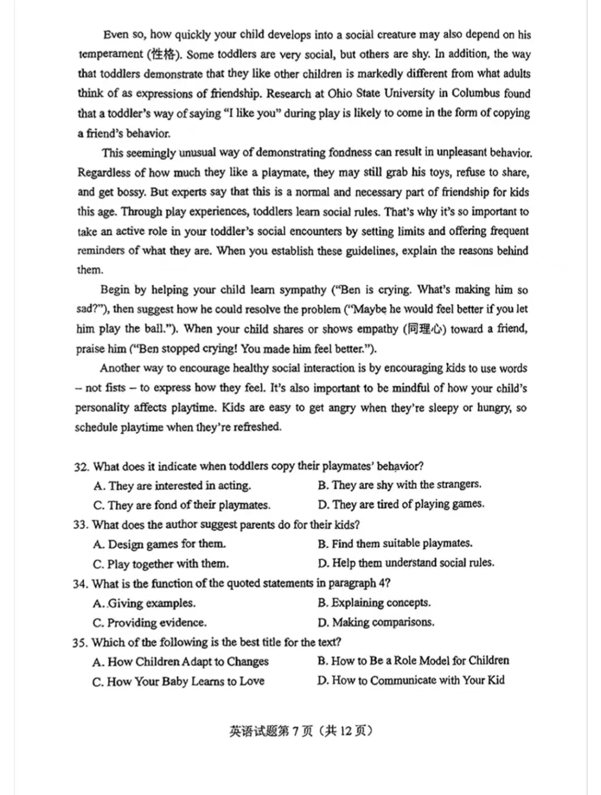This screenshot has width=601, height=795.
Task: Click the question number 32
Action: [x=81, y=466]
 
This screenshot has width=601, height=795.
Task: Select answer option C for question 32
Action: [x=182, y=505]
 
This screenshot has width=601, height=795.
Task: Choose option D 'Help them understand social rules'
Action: [x=406, y=563]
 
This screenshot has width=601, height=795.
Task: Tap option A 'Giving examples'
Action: [x=144, y=603]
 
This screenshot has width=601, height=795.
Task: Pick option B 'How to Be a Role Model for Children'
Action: [x=413, y=660]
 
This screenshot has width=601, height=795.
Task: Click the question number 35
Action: [x=80, y=643]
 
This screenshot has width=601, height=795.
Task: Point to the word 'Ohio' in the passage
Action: [x=339, y=93]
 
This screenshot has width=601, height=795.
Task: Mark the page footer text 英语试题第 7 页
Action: [x=300, y=731]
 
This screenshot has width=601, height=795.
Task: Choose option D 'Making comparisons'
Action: [x=376, y=622]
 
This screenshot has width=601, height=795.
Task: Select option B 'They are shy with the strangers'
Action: [x=400, y=485]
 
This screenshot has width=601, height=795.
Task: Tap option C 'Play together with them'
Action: [x=161, y=564]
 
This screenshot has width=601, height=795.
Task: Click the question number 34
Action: [x=80, y=584]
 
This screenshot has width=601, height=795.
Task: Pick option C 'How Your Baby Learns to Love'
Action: [x=178, y=681]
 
